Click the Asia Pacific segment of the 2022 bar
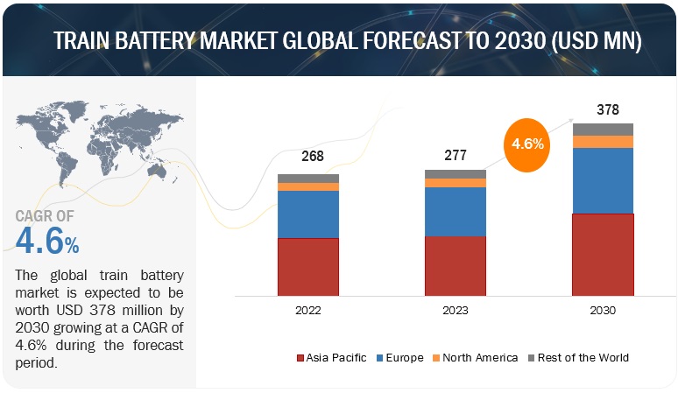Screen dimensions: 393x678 307,266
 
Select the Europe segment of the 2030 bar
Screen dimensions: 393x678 602,180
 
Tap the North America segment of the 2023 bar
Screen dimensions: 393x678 455,183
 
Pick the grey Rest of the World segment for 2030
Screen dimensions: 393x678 602,130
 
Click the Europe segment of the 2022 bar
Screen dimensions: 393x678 307,214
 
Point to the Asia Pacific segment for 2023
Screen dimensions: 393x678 455,265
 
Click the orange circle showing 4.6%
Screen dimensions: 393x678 527,143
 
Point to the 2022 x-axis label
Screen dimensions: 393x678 307,311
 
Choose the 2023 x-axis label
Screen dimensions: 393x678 455,311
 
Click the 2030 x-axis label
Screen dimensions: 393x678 602,311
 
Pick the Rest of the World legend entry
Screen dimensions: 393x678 577,358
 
